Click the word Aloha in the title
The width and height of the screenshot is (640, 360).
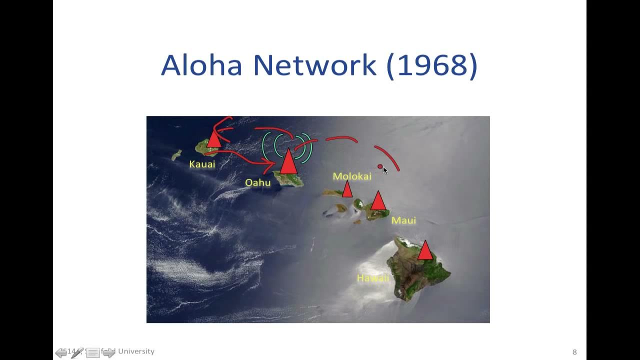(x=201, y=65)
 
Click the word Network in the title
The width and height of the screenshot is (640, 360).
(x=314, y=65)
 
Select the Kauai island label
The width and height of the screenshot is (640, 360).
(x=202, y=164)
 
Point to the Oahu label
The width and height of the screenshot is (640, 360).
(x=257, y=182)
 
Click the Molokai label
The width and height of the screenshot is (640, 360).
(x=352, y=176)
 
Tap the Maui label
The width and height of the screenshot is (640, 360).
(x=403, y=220)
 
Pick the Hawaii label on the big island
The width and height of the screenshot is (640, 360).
(x=373, y=278)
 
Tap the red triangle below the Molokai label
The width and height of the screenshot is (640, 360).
(x=347, y=190)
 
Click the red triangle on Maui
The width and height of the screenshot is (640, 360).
(x=378, y=201)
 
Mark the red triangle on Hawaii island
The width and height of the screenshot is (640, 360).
(x=425, y=251)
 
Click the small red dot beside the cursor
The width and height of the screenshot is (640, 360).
(x=380, y=166)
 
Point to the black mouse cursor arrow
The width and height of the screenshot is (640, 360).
(x=385, y=170)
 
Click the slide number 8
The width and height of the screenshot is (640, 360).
(x=574, y=352)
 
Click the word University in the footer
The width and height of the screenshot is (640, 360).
(x=136, y=351)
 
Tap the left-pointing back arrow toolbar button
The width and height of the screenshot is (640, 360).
(x=61, y=353)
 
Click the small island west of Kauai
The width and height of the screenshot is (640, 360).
(x=176, y=155)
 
